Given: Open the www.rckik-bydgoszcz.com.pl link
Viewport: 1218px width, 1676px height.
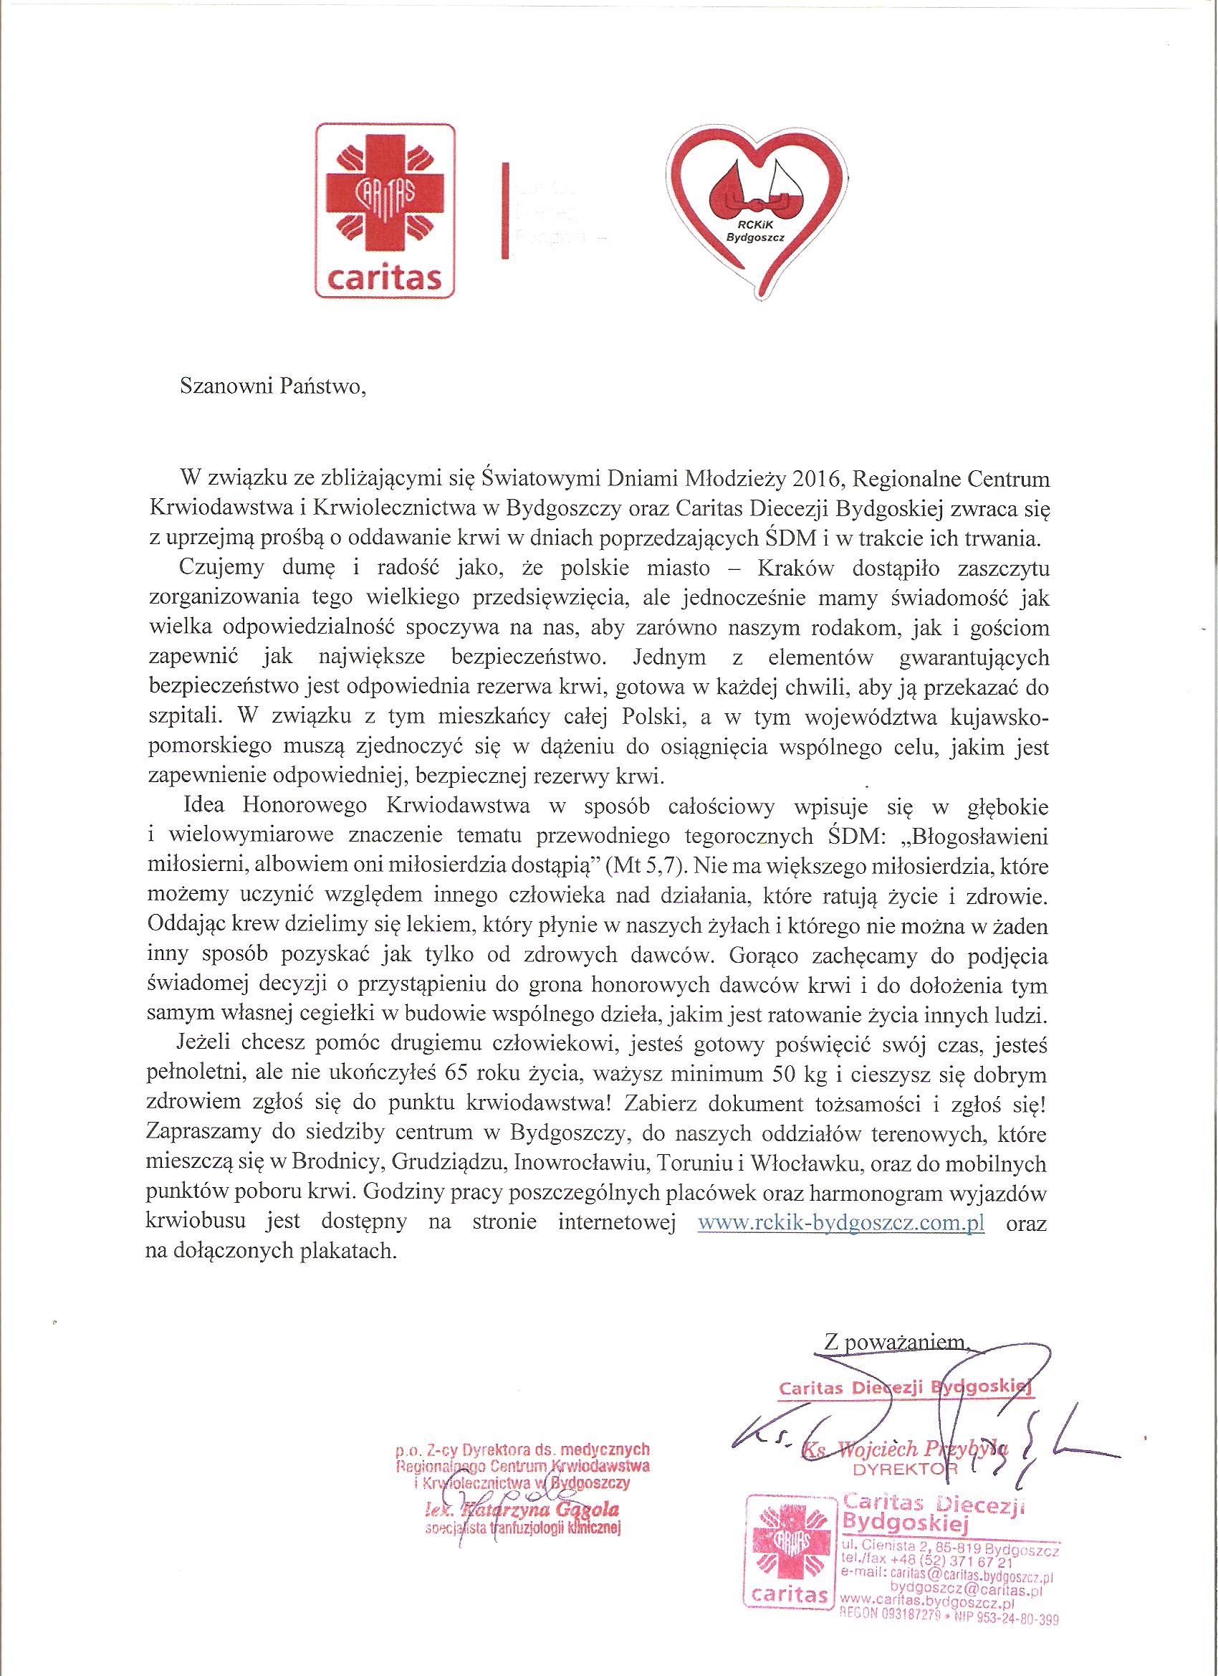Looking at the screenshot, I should (x=841, y=1224).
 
